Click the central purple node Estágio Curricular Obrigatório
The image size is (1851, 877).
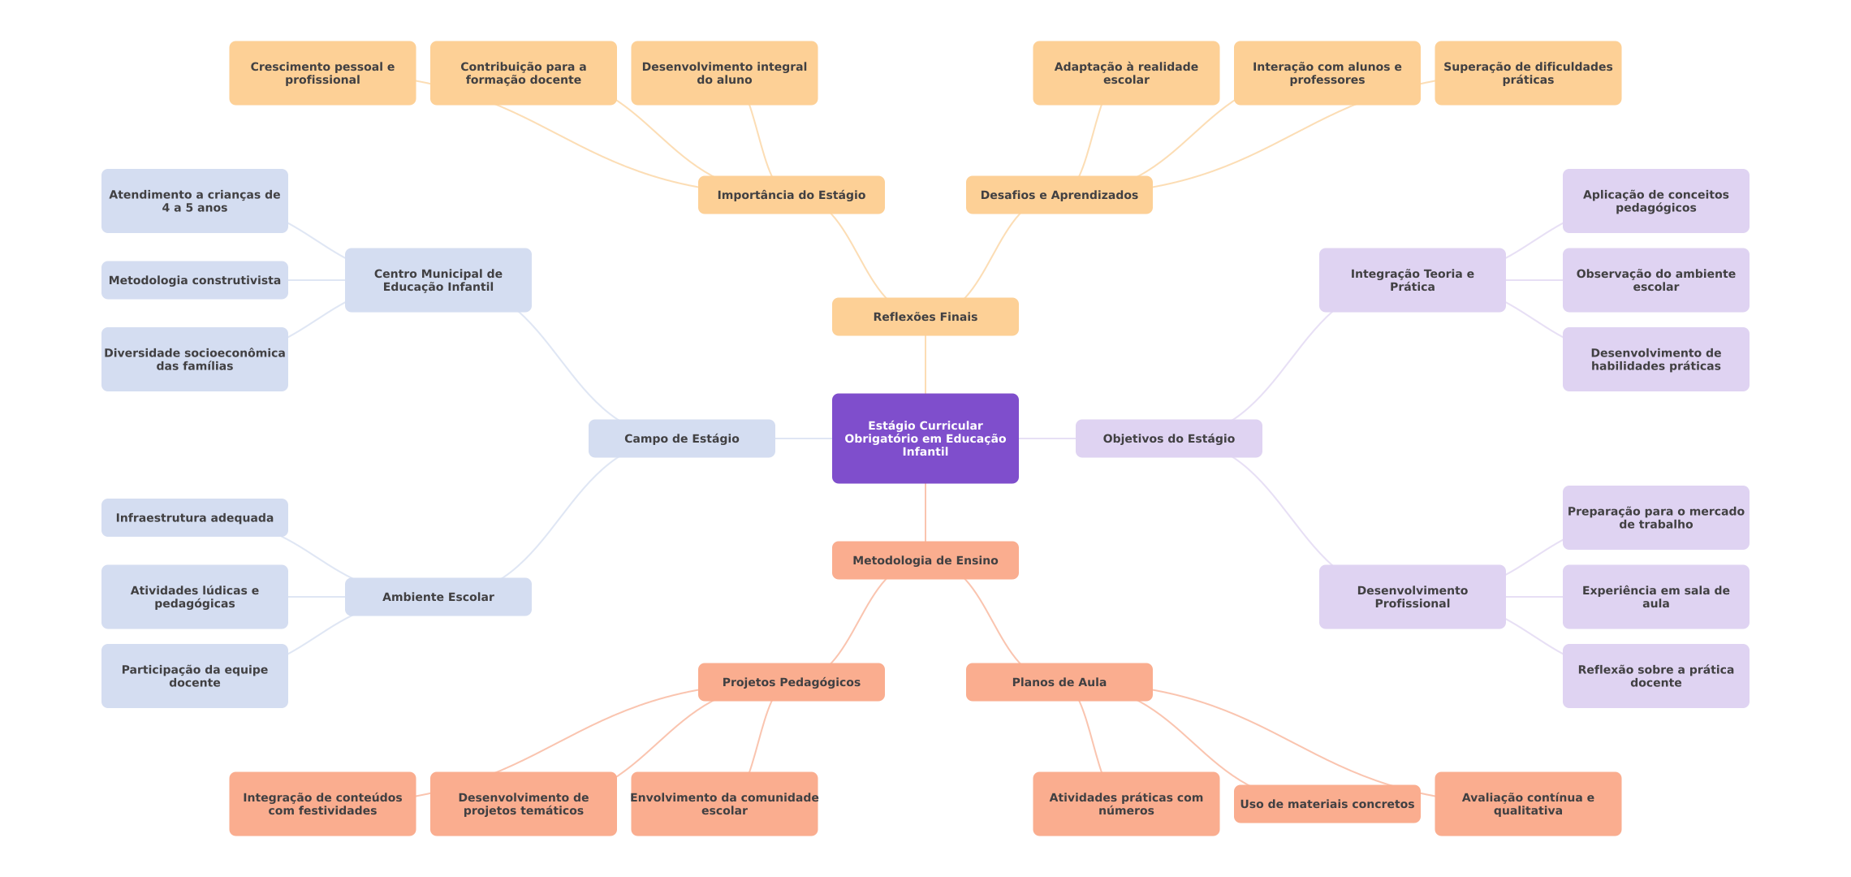point(925,438)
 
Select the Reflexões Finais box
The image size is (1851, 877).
point(925,317)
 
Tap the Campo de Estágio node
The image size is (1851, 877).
point(682,438)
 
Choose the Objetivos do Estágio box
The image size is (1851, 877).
point(1169,438)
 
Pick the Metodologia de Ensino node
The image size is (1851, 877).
point(925,560)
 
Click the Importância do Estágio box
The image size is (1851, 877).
point(792,195)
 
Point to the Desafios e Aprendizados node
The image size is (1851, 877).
point(1059,195)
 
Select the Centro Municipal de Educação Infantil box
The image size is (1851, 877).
point(438,280)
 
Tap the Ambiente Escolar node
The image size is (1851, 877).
point(438,597)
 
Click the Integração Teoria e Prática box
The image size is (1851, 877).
point(1413,280)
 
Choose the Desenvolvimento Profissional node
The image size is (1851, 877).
point(1413,597)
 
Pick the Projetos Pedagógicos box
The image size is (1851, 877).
point(792,682)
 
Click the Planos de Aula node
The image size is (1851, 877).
point(1059,682)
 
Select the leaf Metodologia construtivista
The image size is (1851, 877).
point(195,280)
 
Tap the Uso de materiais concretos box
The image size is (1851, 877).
point(1327,804)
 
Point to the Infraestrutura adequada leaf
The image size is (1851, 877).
point(195,518)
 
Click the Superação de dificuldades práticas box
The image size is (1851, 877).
point(1528,73)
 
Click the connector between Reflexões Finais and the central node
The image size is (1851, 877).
point(925,365)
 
